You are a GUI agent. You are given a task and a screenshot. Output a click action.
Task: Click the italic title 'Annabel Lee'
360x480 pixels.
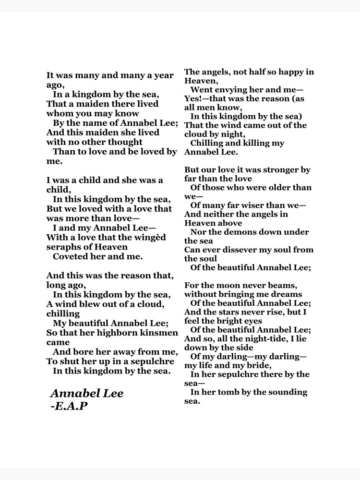[x=87, y=394]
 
